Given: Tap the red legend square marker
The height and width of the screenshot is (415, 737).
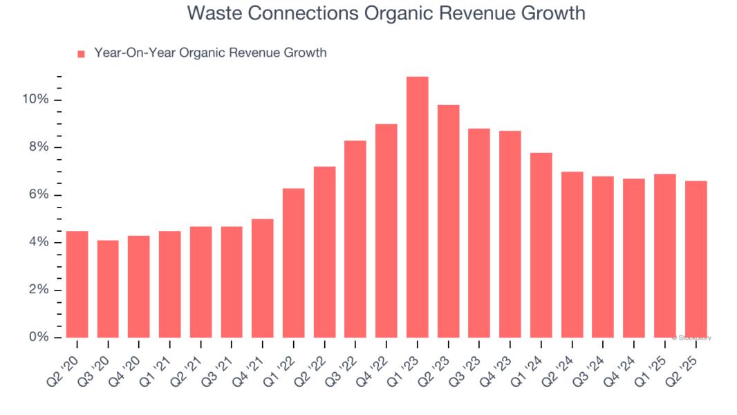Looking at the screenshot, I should point(81,53).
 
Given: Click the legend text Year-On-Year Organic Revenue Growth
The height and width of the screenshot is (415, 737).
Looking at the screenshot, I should point(210,53).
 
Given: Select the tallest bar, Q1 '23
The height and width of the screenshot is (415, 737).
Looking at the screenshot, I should point(417,207).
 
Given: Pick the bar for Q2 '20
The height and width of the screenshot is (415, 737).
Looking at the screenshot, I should point(77,284).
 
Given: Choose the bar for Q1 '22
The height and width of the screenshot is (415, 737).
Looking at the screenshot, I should point(293,263).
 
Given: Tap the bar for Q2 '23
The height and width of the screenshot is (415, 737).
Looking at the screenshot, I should point(448,221).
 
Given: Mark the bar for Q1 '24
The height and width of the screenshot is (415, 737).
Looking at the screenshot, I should point(541,245).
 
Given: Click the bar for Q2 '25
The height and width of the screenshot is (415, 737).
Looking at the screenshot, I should point(696,259).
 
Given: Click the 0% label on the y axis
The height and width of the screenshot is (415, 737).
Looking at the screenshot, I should point(39,338).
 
